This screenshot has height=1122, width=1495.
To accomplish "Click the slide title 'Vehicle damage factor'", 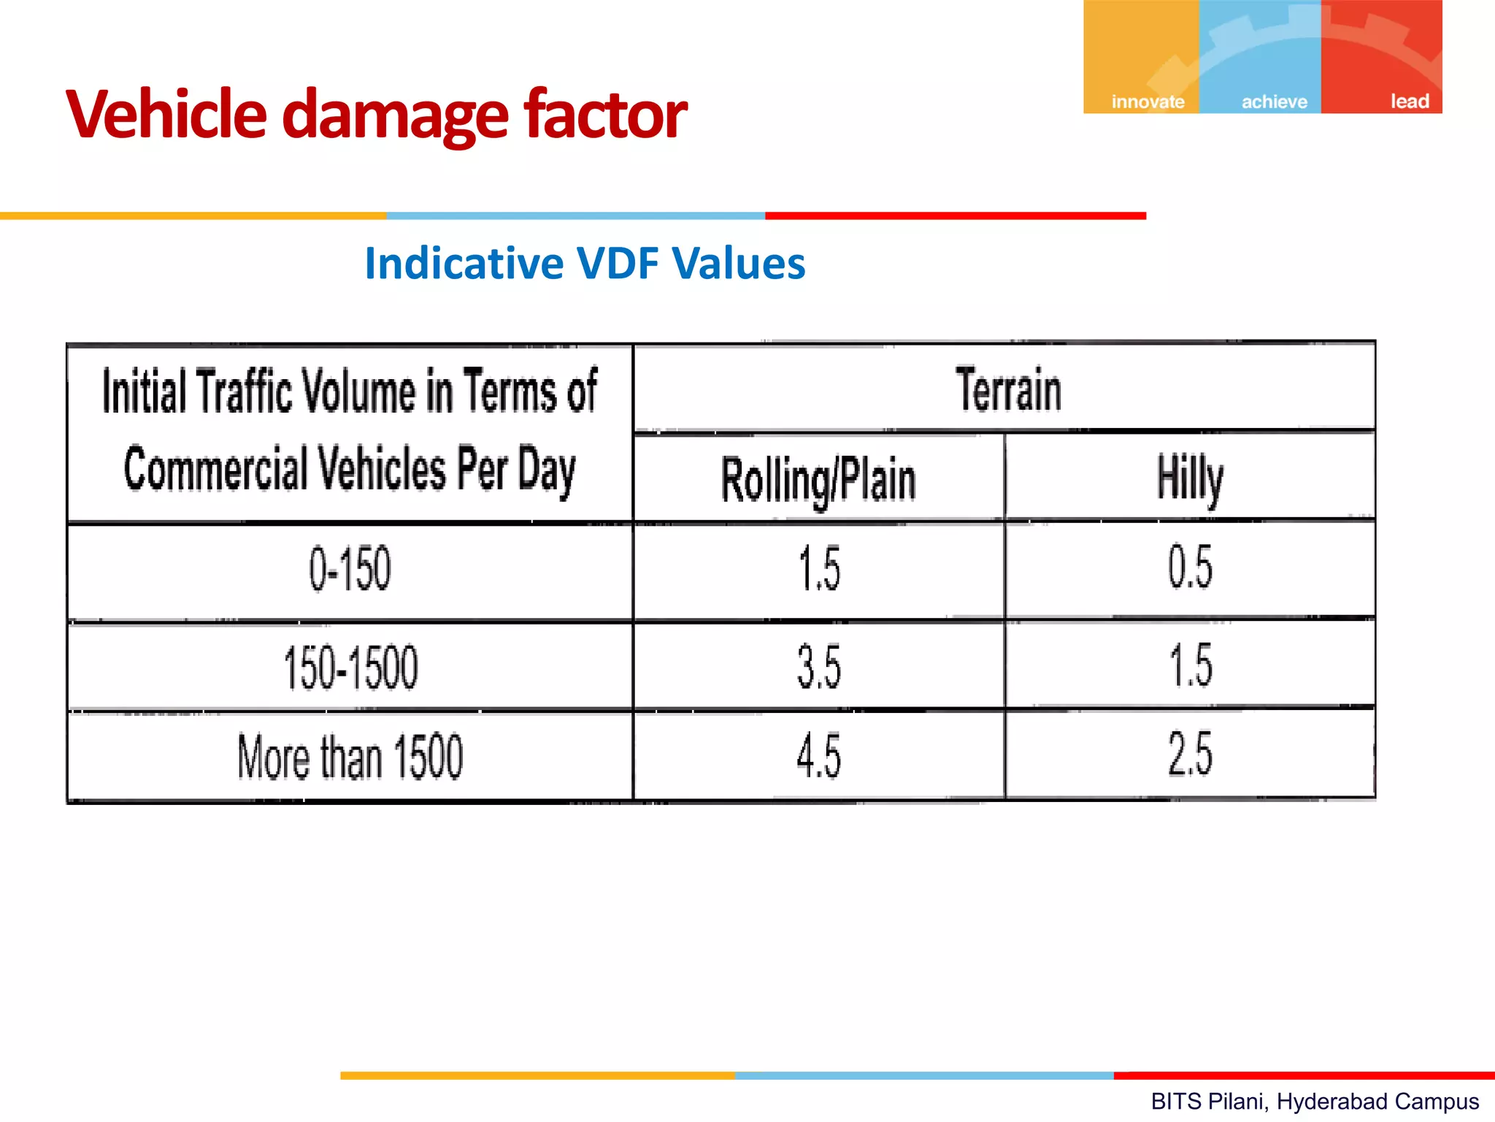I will [x=376, y=115].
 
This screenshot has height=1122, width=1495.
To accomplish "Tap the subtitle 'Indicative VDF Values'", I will [x=585, y=264].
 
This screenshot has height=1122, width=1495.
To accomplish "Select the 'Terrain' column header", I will [x=1008, y=391].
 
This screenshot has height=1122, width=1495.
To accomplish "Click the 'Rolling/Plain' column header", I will [x=818, y=480].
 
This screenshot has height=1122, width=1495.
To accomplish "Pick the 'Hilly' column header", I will [x=1190, y=478].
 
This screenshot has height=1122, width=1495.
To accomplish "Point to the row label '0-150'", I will [x=350, y=569].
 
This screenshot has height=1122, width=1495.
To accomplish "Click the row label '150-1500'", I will [x=350, y=668].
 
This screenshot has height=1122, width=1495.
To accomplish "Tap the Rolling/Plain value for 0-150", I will [x=819, y=569].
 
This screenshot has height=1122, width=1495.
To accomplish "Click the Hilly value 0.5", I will [x=1190, y=568].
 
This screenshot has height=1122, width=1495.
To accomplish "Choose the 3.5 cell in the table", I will [x=819, y=667].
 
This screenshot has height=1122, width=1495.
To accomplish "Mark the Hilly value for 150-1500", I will [x=1191, y=665].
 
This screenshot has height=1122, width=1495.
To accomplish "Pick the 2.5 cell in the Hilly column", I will [x=1190, y=754].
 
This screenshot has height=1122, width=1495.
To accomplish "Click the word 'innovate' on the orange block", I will [x=1148, y=102].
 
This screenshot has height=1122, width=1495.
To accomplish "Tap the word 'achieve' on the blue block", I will [x=1274, y=102].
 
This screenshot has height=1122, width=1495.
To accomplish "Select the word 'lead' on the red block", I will [x=1409, y=102].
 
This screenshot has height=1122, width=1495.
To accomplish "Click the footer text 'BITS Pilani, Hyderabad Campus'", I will [x=1315, y=1102].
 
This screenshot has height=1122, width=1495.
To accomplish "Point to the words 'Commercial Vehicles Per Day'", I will [x=350, y=470].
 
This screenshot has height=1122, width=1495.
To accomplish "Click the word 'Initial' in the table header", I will [x=144, y=392].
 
